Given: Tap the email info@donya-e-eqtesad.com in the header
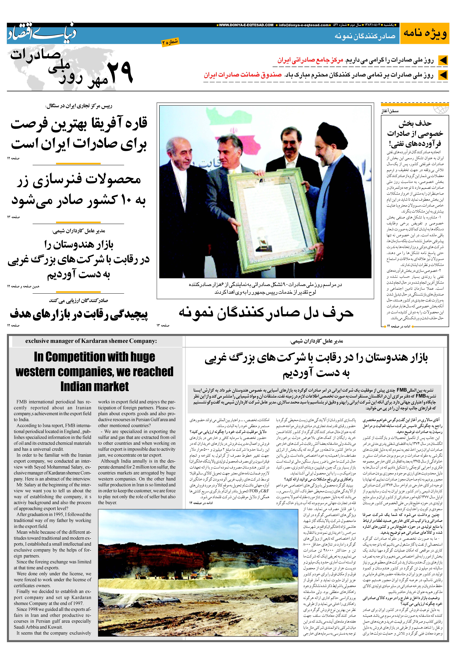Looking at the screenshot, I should click(303, 25).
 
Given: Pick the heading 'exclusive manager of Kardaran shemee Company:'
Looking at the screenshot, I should click(91, 341).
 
